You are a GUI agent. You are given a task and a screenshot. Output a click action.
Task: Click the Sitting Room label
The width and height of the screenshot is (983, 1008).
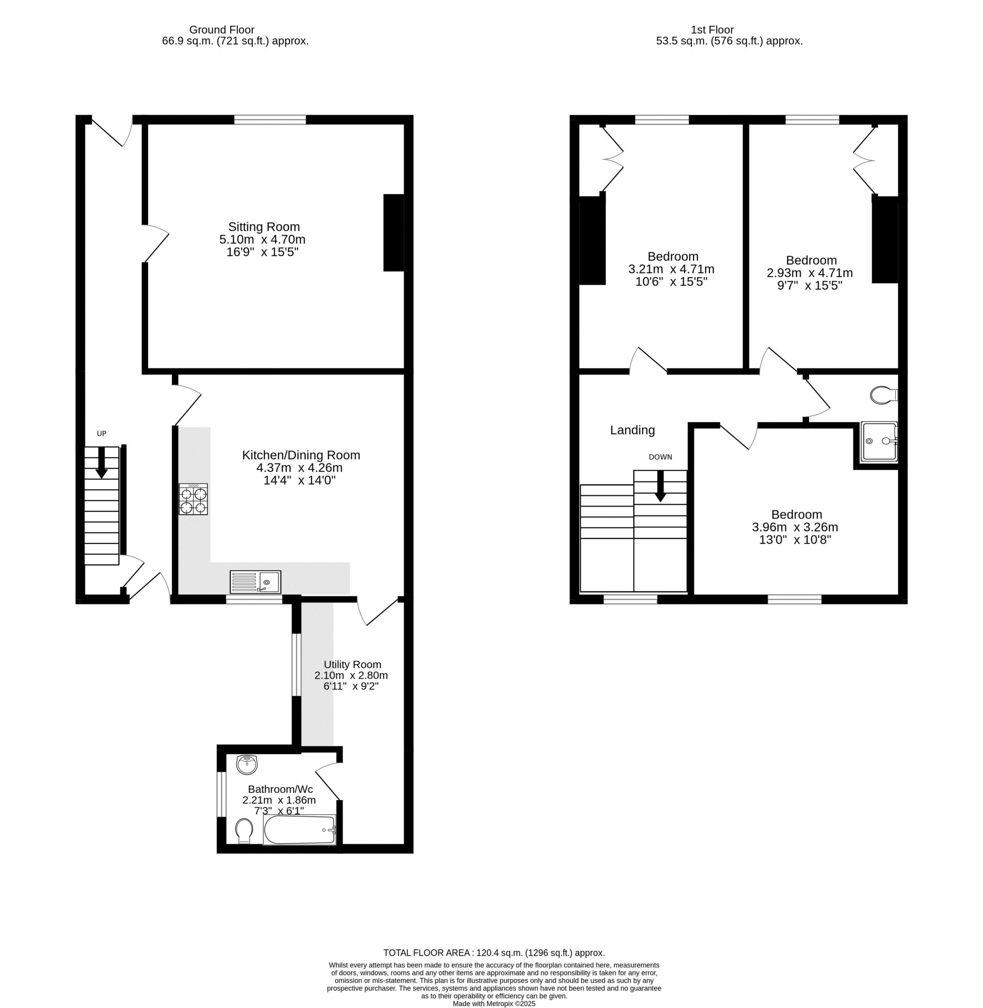(x=264, y=227)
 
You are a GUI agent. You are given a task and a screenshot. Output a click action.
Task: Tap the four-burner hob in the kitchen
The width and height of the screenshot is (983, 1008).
(x=193, y=499)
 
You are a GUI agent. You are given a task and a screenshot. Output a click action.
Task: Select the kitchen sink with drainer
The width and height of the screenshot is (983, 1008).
(x=255, y=582)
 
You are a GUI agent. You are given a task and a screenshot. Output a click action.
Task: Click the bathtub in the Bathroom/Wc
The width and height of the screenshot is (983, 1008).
(x=299, y=830)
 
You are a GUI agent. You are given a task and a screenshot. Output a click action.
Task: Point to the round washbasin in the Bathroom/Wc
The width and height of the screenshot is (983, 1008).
(x=247, y=764)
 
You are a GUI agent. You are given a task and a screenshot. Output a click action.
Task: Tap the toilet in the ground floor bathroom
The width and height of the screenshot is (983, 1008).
(x=244, y=831)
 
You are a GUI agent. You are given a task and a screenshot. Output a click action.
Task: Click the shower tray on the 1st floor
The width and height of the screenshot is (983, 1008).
(x=879, y=442)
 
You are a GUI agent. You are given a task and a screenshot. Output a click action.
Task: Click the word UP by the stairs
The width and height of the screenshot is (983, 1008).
(x=101, y=434)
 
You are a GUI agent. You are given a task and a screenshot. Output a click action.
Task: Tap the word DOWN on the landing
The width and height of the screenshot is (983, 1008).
(x=660, y=457)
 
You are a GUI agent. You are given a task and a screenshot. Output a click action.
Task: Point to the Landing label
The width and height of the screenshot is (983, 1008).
(x=633, y=430)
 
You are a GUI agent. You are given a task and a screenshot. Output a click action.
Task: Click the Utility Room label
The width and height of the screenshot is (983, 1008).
(x=353, y=665)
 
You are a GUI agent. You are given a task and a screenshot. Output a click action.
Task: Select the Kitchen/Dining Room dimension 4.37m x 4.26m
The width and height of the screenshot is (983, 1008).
(x=301, y=467)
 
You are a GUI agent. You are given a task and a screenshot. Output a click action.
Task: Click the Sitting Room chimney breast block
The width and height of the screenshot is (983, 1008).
(x=394, y=233)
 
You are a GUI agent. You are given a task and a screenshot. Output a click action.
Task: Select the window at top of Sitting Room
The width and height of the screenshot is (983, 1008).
(x=270, y=120)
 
